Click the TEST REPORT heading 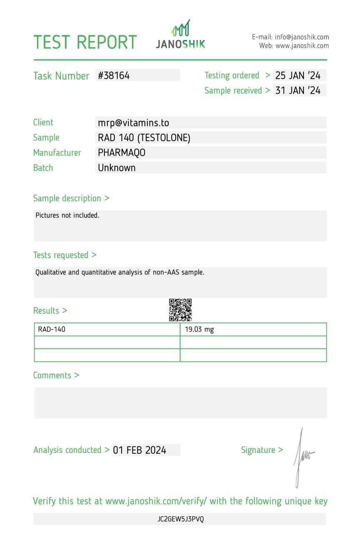(85, 42)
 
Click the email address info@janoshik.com (301, 37)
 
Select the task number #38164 (114, 75)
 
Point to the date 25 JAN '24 (298, 75)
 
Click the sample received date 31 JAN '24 (298, 90)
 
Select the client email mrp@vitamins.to (133, 122)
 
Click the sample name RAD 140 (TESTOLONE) (144, 137)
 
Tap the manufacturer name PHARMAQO (122, 152)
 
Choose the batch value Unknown (117, 168)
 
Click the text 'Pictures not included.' (67, 215)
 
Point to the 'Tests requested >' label (65, 255)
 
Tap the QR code (180, 310)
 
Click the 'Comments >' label (56, 375)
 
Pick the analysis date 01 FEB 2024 (139, 450)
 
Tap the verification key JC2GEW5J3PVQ (181, 519)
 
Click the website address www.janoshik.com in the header (302, 46)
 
